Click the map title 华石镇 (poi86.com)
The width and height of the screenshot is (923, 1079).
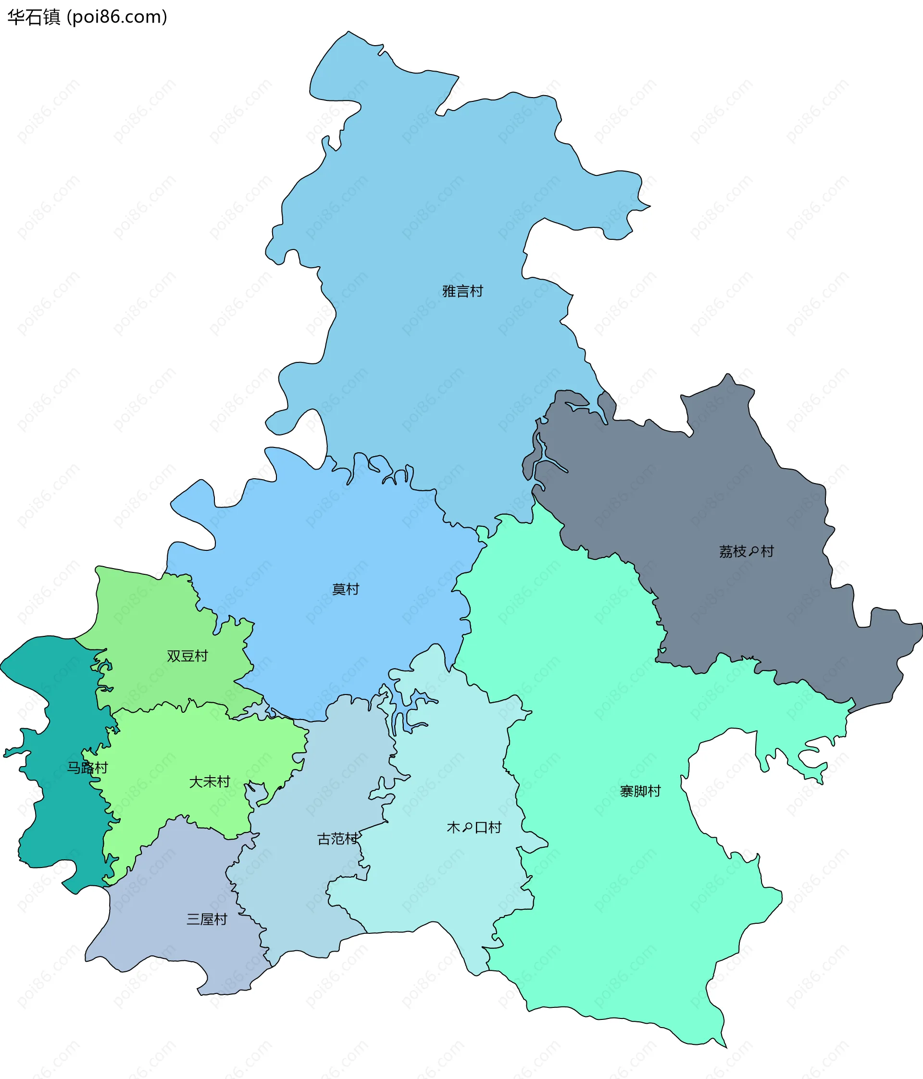87,17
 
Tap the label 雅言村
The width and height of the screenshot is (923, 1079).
462,291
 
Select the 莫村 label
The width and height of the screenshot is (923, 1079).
345,590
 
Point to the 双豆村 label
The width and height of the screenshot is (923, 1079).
187,656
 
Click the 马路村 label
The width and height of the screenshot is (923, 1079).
87,768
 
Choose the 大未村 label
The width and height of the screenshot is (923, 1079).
210,781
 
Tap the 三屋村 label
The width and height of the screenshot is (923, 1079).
207,919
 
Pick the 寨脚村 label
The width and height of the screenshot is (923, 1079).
640,792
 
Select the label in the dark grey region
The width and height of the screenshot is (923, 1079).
747,551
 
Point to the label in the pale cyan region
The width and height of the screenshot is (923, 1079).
474,828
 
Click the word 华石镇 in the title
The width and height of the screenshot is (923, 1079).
34,17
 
